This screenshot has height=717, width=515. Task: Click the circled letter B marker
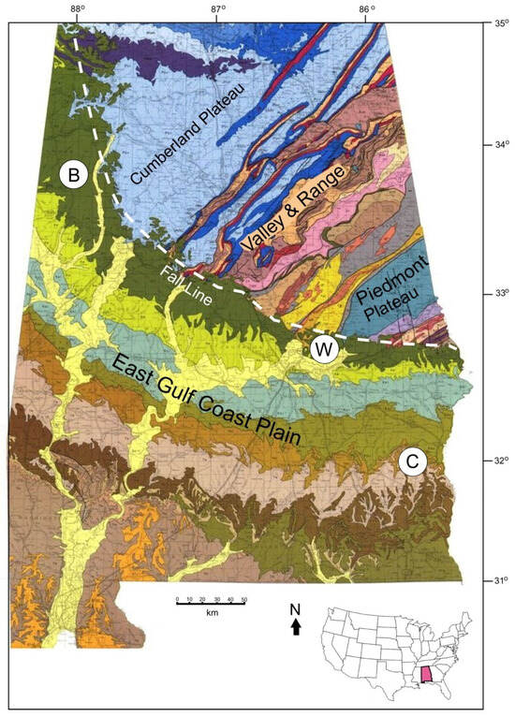tap(73, 173)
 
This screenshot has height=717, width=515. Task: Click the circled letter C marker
tap(412, 461)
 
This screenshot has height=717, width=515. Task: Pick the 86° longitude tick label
tap(367, 10)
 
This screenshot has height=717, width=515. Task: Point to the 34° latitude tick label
tap(501, 144)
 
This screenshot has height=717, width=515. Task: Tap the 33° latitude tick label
tap(501, 294)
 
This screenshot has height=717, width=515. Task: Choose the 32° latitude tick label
tap(501, 461)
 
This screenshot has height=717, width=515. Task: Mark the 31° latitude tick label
tap(501, 581)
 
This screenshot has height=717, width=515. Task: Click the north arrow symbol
tap(296, 629)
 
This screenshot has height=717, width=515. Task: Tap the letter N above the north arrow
tap(296, 611)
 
